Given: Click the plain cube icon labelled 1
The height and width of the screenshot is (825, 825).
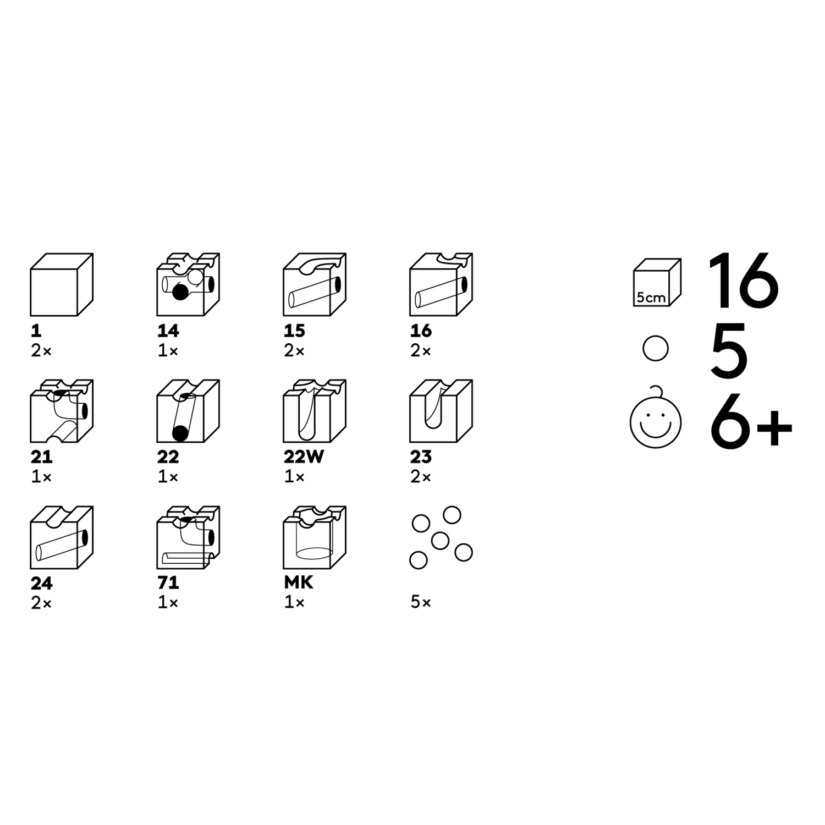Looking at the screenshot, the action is click(x=62, y=285).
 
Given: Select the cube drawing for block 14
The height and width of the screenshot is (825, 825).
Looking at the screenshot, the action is click(x=188, y=285).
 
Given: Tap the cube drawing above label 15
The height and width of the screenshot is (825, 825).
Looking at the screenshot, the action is click(x=315, y=285).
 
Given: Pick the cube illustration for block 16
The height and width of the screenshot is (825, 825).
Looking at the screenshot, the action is click(x=441, y=285).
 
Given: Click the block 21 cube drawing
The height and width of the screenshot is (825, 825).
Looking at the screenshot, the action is click(x=62, y=411).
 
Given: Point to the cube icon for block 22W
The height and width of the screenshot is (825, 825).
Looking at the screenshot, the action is click(x=315, y=411).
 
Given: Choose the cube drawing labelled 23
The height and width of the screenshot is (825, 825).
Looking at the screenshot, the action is click(x=441, y=411).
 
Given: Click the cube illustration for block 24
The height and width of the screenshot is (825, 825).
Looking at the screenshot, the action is click(x=62, y=537).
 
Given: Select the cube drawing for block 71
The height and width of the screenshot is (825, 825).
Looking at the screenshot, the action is click(x=188, y=537).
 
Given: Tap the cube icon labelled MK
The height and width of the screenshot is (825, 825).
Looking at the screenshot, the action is click(x=315, y=537).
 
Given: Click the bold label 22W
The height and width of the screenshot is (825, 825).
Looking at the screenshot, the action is click(x=304, y=457).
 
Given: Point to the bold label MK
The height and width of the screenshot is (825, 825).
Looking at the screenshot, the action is click(x=299, y=583).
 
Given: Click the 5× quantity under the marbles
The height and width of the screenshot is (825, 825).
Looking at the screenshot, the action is click(x=421, y=602).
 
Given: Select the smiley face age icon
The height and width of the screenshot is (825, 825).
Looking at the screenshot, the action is click(x=656, y=418).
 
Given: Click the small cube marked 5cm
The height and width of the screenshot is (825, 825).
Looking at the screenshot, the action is click(x=657, y=282).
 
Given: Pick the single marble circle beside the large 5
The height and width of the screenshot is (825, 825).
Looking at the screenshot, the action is click(x=656, y=348).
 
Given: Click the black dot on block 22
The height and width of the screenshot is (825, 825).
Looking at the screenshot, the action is click(x=179, y=433).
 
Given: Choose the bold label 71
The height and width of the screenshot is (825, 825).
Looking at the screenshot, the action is click(x=168, y=583).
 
